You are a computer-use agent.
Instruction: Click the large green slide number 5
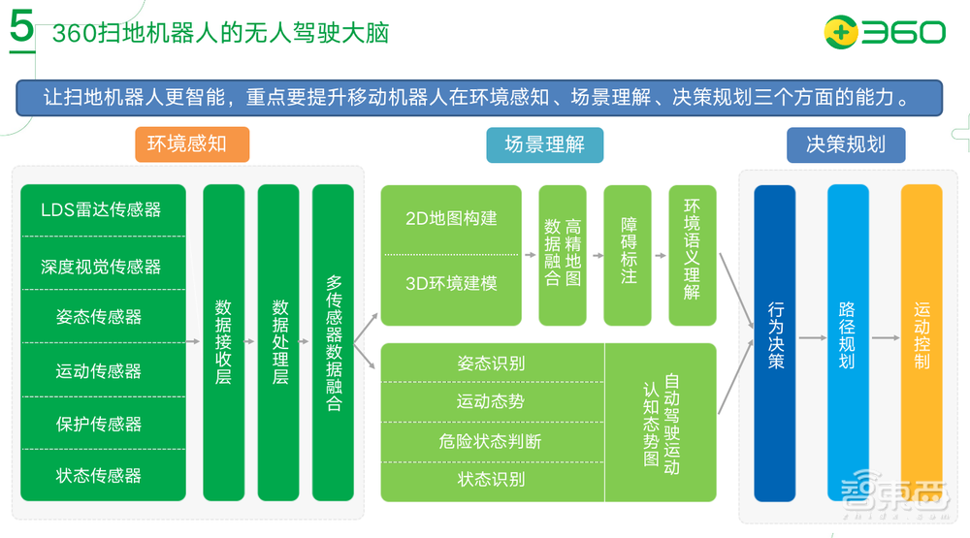click(21, 30)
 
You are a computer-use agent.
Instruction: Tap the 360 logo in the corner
click(884, 32)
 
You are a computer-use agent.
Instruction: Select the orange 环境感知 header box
click(192, 144)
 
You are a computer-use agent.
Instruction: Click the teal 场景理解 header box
click(544, 144)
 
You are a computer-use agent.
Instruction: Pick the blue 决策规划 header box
click(846, 144)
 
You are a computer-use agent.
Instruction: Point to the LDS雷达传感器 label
click(102, 210)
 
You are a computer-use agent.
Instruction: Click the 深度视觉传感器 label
click(102, 267)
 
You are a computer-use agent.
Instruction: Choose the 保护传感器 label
click(102, 424)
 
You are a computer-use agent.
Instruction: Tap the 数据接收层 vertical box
click(223, 342)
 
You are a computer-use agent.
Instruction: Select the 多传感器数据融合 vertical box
click(333, 342)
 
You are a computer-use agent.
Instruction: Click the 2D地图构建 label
click(451, 219)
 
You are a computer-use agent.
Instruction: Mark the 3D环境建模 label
click(451, 284)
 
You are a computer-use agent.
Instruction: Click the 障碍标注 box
click(628, 255)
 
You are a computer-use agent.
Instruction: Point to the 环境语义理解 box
click(692, 255)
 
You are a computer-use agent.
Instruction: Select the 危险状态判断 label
click(491, 442)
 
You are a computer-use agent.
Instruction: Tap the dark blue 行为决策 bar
click(775, 342)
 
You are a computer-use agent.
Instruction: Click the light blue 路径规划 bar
click(847, 342)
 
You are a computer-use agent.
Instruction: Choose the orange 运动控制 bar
click(921, 342)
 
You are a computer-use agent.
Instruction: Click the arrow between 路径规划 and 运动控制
click(885, 338)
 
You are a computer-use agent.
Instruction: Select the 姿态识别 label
click(491, 364)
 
